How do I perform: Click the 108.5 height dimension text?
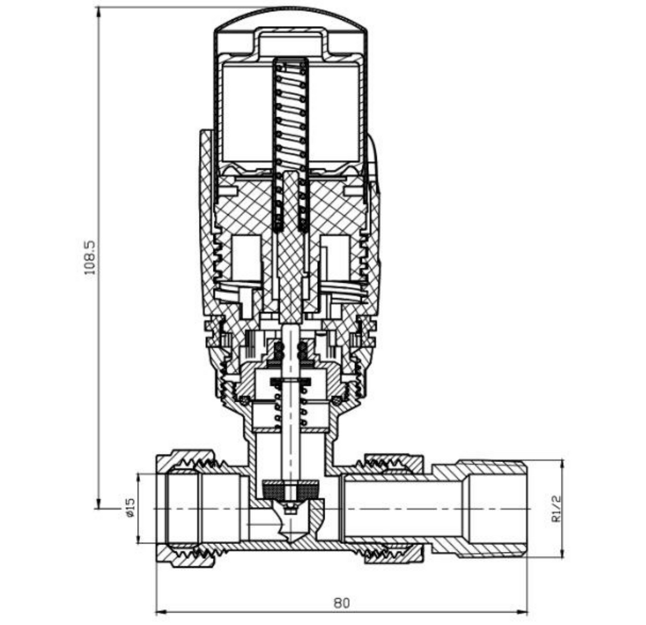pos(89,257)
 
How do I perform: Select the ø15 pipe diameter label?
pos(130,508)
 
